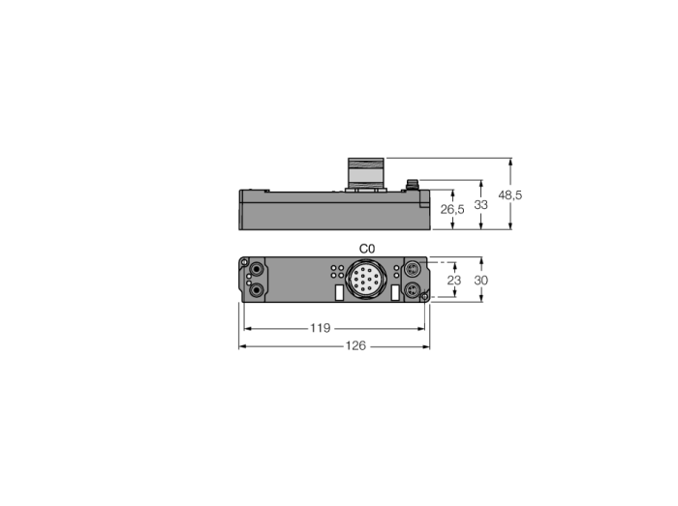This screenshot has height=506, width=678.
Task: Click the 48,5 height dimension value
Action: pyautogui.click(x=510, y=195)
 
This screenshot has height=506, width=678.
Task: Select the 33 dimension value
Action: pyautogui.click(x=480, y=205)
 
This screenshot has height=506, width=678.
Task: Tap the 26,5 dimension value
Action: pyautogui.click(x=452, y=209)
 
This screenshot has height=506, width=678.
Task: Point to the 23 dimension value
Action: pyautogui.click(x=454, y=281)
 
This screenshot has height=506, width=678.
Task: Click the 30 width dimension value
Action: pyautogui.click(x=480, y=281)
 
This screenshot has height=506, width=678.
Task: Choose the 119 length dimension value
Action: pyautogui.click(x=320, y=328)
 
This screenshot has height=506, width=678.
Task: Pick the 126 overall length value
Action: pyautogui.click(x=355, y=345)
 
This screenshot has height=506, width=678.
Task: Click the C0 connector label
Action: pyautogui.click(x=367, y=249)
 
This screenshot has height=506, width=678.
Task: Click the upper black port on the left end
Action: pyautogui.click(x=258, y=270)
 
